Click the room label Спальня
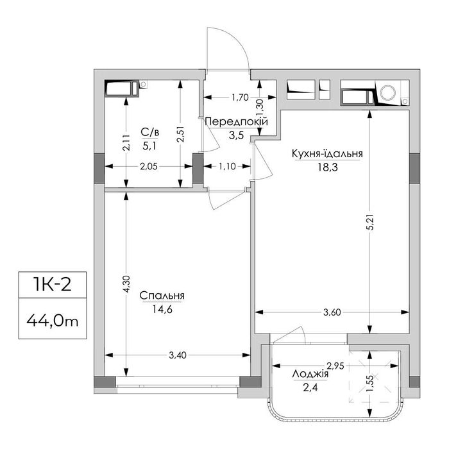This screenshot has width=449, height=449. point(162,296)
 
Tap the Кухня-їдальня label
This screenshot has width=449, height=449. point(327,154)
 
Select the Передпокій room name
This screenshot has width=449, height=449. point(237,122)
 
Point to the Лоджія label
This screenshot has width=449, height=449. point(310,374)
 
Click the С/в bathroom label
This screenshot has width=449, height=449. point(149,132)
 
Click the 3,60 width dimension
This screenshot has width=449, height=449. point(332,312)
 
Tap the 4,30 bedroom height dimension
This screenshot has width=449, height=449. point(126,284)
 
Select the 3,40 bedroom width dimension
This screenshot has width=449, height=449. point(178,355)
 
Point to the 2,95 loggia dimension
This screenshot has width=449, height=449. point(335,366)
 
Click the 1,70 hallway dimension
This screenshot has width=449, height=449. point(240,97)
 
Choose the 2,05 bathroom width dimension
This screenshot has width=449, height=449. point(149,166)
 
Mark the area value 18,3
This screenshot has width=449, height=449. point(328,167)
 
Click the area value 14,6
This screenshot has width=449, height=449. point(162,310)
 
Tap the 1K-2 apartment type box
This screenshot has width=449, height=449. point(53,285)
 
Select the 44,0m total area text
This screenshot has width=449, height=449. point(53,321)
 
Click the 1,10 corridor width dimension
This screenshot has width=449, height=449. point(227,166)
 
